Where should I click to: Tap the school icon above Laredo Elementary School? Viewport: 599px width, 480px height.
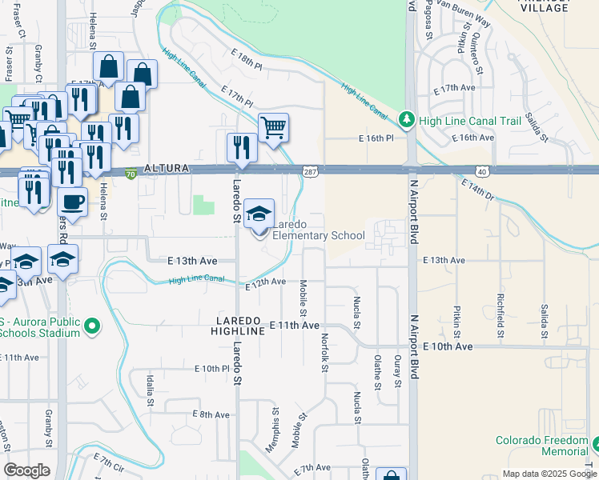click(x=259, y=214)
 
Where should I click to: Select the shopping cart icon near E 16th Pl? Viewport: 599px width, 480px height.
click(x=273, y=127)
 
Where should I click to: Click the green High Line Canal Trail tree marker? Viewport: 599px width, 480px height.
click(x=408, y=121)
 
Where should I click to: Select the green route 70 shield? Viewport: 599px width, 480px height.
click(x=131, y=171)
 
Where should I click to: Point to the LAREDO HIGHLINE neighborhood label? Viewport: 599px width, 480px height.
click(x=239, y=325)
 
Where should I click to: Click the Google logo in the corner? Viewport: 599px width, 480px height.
click(x=26, y=470)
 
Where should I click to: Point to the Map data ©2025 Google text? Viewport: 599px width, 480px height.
click(x=549, y=474)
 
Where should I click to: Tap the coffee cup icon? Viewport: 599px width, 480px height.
click(x=72, y=202)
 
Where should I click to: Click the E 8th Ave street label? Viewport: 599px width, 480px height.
click(x=211, y=414)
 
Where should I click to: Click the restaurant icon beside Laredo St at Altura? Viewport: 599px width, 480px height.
click(x=239, y=146)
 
